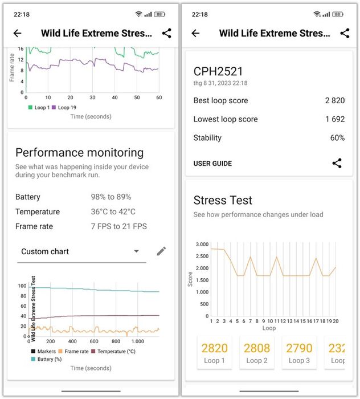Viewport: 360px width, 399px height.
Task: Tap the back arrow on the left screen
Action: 17,33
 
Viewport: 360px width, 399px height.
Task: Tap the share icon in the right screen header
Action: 345,33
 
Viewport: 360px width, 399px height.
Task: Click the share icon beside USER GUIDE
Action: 337,164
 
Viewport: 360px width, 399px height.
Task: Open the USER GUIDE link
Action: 212,164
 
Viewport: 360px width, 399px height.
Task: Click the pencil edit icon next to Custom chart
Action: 161,251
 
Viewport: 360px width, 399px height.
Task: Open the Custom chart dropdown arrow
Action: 136,251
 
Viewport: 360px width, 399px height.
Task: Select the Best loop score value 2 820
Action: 334,100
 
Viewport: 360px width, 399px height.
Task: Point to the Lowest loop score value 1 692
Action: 334,119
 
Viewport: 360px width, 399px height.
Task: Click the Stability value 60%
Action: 337,138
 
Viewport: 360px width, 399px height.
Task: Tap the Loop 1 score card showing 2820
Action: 214,352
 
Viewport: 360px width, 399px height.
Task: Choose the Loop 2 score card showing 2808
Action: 257,352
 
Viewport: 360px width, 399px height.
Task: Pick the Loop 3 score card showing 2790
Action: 300,352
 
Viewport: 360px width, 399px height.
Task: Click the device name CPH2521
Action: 218,72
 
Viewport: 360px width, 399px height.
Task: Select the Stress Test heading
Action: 223,201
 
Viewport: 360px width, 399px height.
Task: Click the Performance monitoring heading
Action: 79,153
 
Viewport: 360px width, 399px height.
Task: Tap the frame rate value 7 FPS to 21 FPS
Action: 118,226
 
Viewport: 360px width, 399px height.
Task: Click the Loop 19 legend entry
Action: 66,107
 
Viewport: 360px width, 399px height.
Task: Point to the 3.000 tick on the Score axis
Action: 202,244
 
